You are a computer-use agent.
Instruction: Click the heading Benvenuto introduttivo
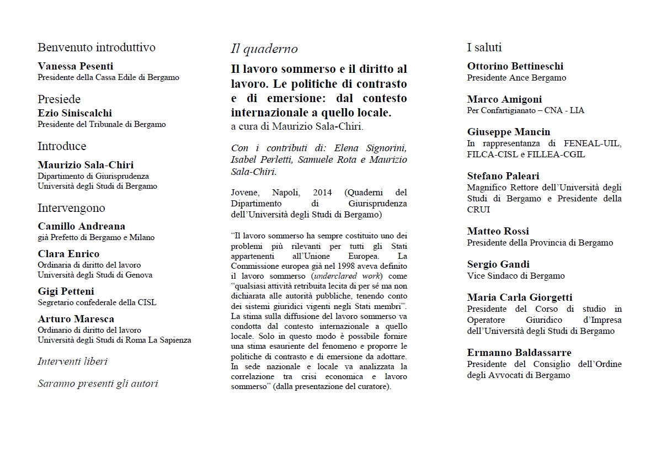click(96, 47)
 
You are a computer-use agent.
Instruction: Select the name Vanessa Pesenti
click(76, 66)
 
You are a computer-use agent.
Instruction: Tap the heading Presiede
click(59, 99)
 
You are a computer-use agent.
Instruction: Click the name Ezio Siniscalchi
click(74, 113)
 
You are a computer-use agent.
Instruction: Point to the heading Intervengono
click(71, 208)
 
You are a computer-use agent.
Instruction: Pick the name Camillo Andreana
click(81, 226)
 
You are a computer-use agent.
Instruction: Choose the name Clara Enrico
click(68, 254)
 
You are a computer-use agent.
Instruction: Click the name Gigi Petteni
click(66, 291)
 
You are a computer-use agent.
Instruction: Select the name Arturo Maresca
click(76, 319)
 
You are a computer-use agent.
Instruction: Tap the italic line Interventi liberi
click(72, 361)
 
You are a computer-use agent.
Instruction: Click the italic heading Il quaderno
click(264, 49)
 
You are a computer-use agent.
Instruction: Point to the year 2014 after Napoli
click(322, 193)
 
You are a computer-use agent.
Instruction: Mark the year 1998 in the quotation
click(324, 266)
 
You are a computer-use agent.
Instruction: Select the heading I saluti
click(484, 47)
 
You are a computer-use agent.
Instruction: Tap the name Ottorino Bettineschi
click(515, 66)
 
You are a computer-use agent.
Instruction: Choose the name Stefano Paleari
click(503, 176)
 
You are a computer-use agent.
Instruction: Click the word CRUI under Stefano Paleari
click(478, 210)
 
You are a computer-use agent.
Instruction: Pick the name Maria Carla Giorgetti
click(519, 297)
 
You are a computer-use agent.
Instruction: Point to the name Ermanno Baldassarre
click(519, 353)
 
